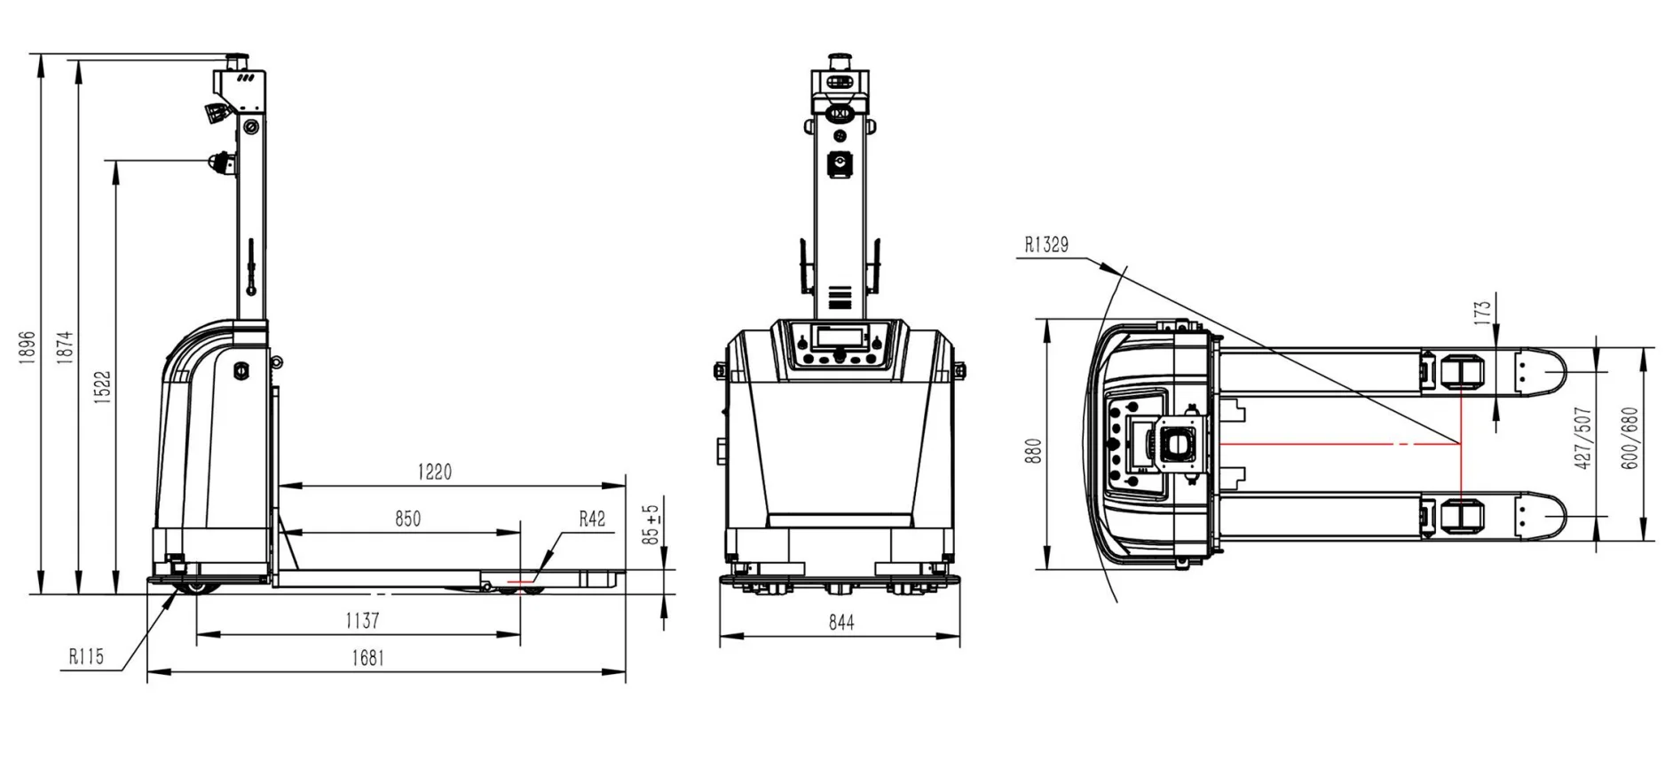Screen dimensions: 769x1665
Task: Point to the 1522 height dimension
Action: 103,387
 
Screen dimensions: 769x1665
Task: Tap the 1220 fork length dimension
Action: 435,472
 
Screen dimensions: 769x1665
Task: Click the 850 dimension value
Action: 407,519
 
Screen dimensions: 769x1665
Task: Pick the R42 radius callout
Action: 592,519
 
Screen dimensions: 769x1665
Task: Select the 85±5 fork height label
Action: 652,525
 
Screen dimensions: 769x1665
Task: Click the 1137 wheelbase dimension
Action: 362,621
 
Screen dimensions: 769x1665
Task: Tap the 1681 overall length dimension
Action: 367,658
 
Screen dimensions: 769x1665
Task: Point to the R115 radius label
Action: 86,657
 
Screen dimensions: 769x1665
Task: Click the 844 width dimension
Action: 841,623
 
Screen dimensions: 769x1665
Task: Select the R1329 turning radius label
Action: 1046,245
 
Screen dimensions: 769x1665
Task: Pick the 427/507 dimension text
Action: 1582,439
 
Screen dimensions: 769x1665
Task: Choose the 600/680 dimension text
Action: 1629,439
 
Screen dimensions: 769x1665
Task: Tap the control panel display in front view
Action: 840,337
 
